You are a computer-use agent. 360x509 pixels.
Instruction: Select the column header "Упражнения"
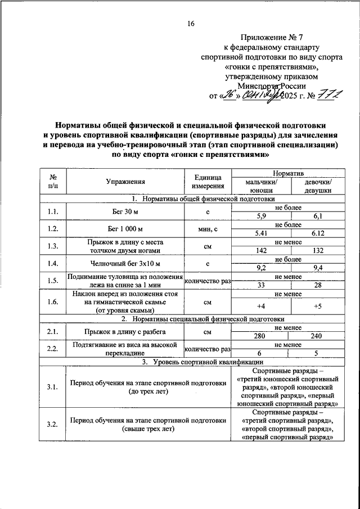click(125, 181)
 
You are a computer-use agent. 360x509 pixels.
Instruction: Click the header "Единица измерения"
click(207, 181)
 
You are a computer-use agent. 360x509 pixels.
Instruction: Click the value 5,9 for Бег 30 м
click(260, 216)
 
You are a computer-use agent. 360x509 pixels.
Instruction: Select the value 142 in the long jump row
click(260, 250)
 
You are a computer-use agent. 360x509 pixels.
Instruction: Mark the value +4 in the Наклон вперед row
click(260, 306)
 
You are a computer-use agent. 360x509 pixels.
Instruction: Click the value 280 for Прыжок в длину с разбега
click(260, 336)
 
